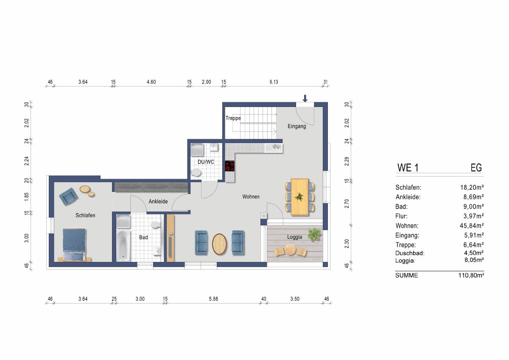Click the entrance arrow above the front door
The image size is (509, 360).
[305, 98]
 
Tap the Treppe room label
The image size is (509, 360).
[233, 118]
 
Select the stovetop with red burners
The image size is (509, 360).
[230, 166]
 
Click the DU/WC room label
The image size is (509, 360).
[206, 162]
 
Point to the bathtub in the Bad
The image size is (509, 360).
[123, 246]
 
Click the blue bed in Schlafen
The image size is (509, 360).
[74, 245]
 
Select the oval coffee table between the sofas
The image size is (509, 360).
[219, 244]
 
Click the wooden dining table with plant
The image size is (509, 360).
[300, 197]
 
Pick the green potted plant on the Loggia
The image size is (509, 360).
[314, 234]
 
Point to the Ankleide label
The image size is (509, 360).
[158, 202]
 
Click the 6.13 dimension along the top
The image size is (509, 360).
[274, 82]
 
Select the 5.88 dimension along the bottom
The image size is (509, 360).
[213, 299]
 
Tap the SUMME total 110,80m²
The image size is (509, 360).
[471, 276]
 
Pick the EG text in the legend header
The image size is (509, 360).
[476, 168]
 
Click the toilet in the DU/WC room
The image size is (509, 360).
[196, 173]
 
